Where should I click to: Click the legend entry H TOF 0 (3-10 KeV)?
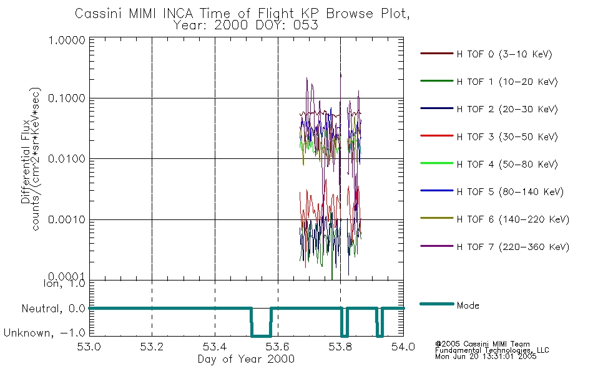click(x=504, y=54)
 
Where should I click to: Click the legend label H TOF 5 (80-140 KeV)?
click(x=510, y=192)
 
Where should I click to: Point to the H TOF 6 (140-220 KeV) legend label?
click(x=512, y=219)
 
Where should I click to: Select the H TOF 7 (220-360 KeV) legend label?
click(x=512, y=247)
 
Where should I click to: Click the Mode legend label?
click(x=468, y=305)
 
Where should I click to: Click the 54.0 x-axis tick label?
click(x=403, y=347)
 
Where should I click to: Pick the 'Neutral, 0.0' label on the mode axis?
click(x=53, y=309)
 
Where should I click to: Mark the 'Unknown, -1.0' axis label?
click(x=45, y=333)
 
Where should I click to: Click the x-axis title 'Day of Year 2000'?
click(x=246, y=359)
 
